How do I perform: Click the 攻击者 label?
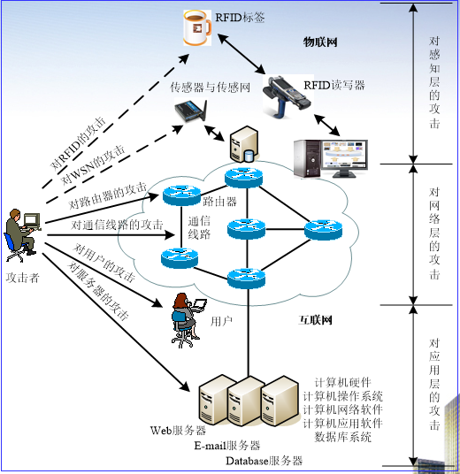[x=23, y=277]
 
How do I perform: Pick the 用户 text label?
[x=222, y=322]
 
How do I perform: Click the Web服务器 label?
[x=178, y=431]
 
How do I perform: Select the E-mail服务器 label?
[x=228, y=446]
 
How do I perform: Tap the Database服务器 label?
[x=264, y=461]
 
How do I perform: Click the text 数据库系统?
[x=343, y=436]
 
